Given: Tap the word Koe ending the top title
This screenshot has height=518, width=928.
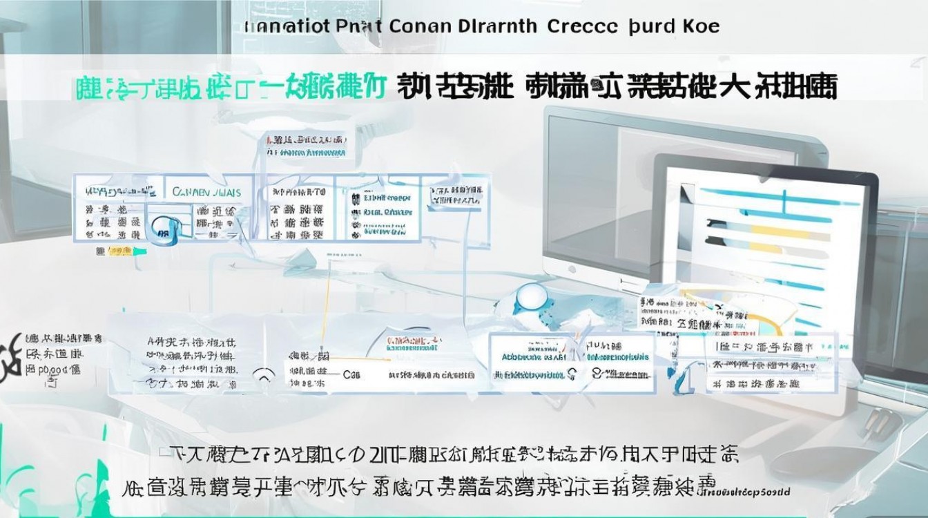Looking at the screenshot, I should click(x=701, y=27).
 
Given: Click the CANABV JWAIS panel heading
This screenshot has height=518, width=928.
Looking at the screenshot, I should click(x=206, y=191).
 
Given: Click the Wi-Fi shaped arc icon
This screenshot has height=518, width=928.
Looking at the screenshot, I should click(x=263, y=376).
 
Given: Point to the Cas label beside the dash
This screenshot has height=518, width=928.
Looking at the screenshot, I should click(x=353, y=375).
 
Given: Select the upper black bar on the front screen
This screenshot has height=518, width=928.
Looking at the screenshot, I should click(x=725, y=223).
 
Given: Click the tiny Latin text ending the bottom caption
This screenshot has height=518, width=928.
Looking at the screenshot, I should click(x=753, y=490).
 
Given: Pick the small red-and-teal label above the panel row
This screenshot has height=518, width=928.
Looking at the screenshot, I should click(x=308, y=144).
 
